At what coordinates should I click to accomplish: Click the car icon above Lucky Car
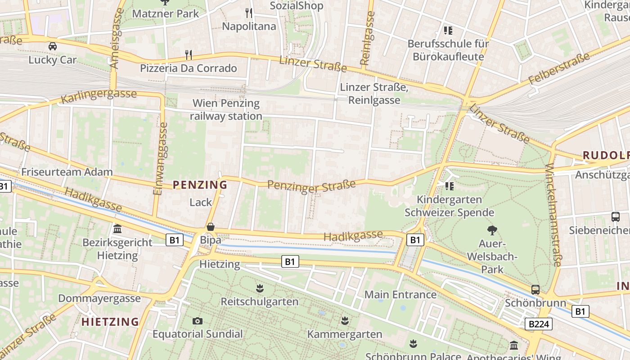coord(53,46)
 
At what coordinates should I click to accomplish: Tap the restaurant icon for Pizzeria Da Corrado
coord(189,55)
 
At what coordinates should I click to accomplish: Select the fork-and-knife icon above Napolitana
coord(249,13)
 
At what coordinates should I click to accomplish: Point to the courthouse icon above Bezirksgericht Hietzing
coord(118,229)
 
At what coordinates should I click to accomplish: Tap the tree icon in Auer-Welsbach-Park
coord(492,230)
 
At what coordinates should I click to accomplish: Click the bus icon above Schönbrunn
coord(535,289)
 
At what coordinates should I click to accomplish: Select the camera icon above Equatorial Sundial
coord(197,321)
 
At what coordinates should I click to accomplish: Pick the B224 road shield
coord(538,324)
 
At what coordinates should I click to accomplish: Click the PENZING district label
coord(200,185)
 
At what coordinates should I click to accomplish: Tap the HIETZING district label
coord(110,322)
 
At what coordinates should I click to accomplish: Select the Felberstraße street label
coord(559,69)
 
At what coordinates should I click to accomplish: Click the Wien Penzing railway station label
coord(226,109)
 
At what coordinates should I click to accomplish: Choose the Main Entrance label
coord(400,295)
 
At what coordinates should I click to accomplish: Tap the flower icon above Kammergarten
coord(345,321)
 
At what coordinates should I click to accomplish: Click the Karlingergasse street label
coord(99,95)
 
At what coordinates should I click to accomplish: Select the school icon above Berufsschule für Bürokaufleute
coord(448,31)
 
